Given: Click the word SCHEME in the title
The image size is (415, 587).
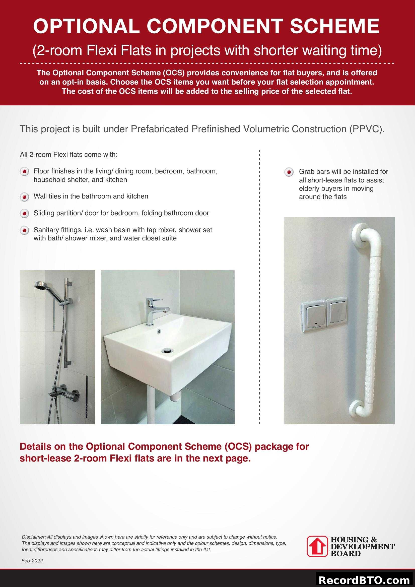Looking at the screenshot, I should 334,26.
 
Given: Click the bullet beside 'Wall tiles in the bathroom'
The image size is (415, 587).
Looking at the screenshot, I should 24,197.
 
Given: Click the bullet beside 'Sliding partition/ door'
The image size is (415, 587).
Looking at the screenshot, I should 24,214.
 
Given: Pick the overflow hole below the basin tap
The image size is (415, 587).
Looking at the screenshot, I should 159,331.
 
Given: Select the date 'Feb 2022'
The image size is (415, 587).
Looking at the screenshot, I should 32,561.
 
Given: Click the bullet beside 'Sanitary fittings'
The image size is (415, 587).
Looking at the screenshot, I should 24,231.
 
